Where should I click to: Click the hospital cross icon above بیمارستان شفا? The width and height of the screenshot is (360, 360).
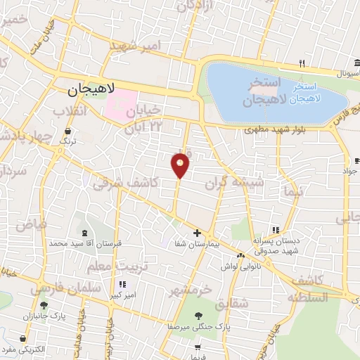[197, 233]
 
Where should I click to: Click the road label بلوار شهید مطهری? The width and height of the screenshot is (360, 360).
[274, 130]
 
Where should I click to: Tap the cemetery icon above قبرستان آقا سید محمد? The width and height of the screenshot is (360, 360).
[85, 233]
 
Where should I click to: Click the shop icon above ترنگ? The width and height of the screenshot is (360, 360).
[68, 131]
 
